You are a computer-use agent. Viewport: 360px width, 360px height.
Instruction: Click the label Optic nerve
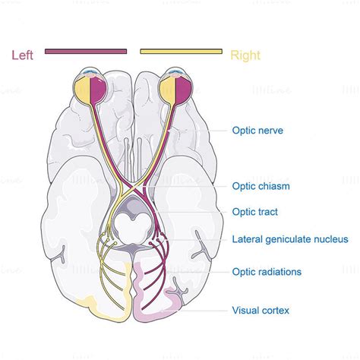pos(257,131)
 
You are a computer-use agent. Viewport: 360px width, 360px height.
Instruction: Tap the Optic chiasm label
pos(261,186)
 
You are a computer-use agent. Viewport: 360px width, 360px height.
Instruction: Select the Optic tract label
pos(254,212)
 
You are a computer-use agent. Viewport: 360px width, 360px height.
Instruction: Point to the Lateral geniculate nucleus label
pos(290,239)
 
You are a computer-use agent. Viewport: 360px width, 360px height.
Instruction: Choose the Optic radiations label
pos(267,272)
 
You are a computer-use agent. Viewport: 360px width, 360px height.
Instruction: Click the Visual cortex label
pos(261,311)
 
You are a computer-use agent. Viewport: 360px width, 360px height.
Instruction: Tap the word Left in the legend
pos(22,55)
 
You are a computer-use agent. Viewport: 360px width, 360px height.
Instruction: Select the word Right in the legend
pos(245,55)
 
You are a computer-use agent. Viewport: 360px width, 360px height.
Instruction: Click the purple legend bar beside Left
pos(86,52)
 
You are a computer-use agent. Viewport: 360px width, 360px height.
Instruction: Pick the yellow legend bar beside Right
pos(182,52)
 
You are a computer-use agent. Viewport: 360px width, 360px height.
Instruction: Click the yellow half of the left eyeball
pos(82,90)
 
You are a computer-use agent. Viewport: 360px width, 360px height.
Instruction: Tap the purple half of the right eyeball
pos(183,90)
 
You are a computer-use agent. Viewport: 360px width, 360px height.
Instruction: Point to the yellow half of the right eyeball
pos(168,90)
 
